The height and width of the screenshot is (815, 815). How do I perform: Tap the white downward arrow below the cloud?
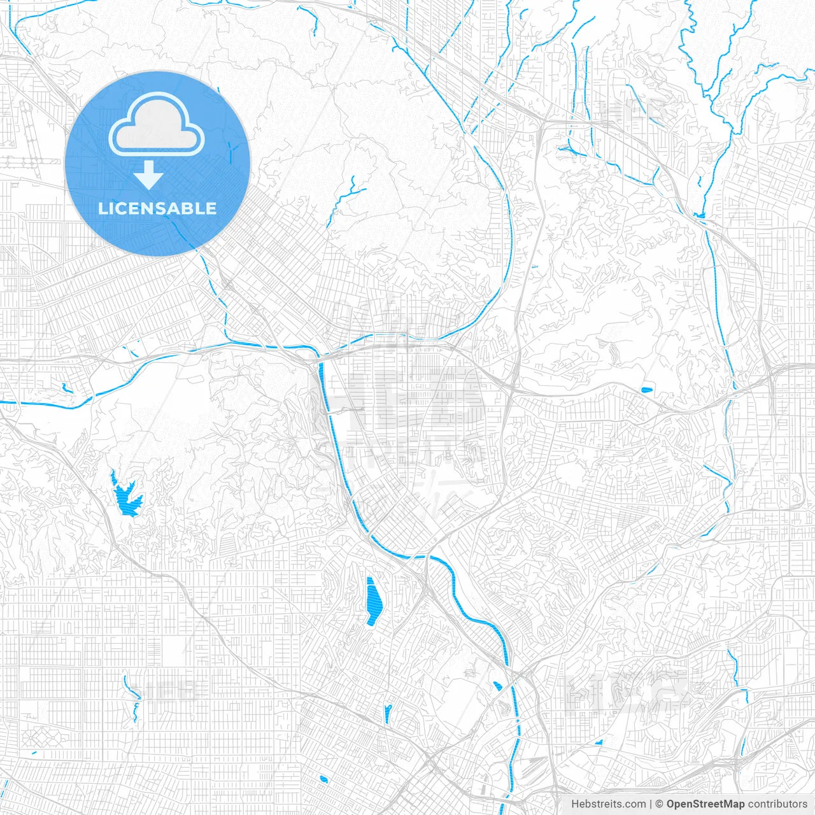click(x=149, y=175)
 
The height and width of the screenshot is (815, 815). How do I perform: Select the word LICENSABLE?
click(x=157, y=208)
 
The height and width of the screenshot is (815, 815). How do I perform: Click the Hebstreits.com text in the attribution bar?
click(x=608, y=804)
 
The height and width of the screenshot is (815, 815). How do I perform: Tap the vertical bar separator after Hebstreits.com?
click(x=651, y=804)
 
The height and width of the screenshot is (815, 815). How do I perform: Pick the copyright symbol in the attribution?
click(x=660, y=804)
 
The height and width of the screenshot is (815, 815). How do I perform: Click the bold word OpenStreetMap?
click(x=705, y=804)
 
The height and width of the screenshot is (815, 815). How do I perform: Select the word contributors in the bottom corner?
click(x=777, y=804)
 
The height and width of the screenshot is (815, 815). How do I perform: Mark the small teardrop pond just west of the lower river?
click(x=497, y=686)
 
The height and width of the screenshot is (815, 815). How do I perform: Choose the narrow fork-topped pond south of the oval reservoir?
click(x=387, y=712)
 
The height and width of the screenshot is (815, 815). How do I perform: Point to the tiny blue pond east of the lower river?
click(x=598, y=742)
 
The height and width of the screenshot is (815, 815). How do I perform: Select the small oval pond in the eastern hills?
click(x=646, y=389)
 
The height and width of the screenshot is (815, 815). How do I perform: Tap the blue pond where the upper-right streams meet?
click(x=700, y=215)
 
